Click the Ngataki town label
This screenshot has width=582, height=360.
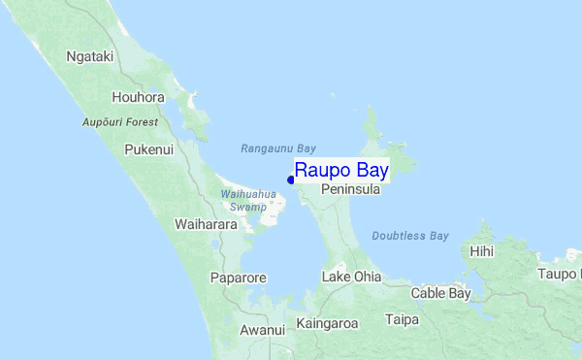pyautogui.click(x=90, y=57)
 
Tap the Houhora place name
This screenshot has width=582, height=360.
pyautogui.click(x=139, y=98)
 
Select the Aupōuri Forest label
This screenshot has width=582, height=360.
pyautogui.click(x=120, y=122)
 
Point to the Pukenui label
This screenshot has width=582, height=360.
pyautogui.click(x=148, y=149)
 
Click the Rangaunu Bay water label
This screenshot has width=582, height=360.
pyautogui.click(x=278, y=148)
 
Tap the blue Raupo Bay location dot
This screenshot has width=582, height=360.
pyautogui.click(x=291, y=180)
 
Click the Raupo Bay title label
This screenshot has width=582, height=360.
pyautogui.click(x=341, y=171)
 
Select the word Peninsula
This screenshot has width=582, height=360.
pyautogui.click(x=350, y=191)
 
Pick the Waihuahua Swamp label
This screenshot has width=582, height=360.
pyautogui.click(x=248, y=201)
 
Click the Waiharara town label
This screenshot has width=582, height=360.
pyautogui.click(x=206, y=224)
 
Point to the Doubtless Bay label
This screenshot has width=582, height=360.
pyautogui.click(x=410, y=236)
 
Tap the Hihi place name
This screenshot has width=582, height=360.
pyautogui.click(x=481, y=251)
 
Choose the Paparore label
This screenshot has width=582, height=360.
pyautogui.click(x=238, y=278)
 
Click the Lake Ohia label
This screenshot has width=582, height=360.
pyautogui.click(x=351, y=278)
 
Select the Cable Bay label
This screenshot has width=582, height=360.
pyautogui.click(x=440, y=293)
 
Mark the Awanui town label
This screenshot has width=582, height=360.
pyautogui.click(x=262, y=330)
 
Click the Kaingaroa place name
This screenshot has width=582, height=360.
pyautogui.click(x=327, y=323)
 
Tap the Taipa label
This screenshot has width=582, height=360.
pyautogui.click(x=402, y=319)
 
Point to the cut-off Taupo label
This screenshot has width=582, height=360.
pyautogui.click(x=560, y=275)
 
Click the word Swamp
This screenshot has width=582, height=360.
pyautogui.click(x=248, y=207)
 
